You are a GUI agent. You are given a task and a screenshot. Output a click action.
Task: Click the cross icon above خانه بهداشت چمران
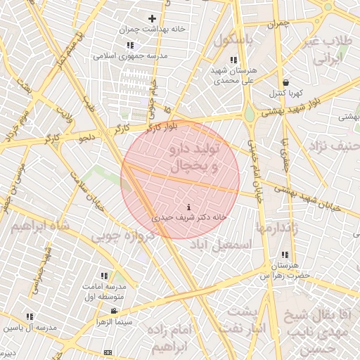(152, 18)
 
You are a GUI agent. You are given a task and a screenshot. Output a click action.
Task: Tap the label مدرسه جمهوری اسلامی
(125, 56)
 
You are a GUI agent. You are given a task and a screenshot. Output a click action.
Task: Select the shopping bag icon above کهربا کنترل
(284, 82)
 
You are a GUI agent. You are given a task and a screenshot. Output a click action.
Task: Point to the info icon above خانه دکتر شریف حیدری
(188, 207)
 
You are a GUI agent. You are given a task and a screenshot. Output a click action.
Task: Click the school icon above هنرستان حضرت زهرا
(285, 255)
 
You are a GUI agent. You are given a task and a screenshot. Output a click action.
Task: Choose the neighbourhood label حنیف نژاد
(331, 147)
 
